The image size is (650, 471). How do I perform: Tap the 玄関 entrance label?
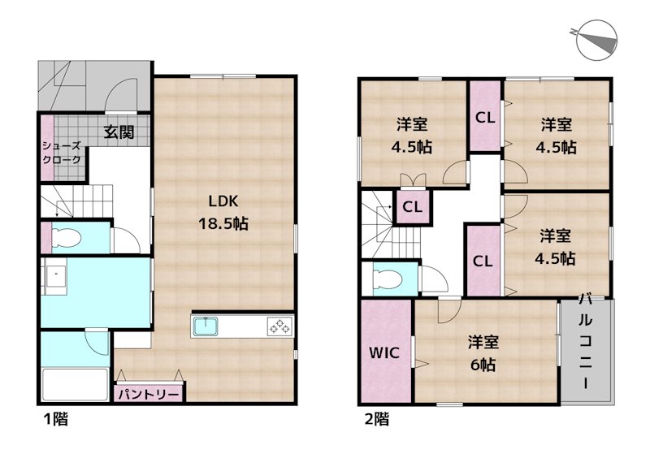click(x=119, y=132)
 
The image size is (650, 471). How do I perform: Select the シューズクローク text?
click(x=62, y=153)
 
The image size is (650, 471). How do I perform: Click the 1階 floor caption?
click(x=55, y=420)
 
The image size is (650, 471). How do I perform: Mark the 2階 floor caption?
click(x=375, y=420)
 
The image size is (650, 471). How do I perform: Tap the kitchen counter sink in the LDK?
click(x=206, y=326)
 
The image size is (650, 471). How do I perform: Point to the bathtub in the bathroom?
click(x=74, y=386)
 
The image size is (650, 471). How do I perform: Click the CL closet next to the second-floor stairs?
click(x=412, y=207)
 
